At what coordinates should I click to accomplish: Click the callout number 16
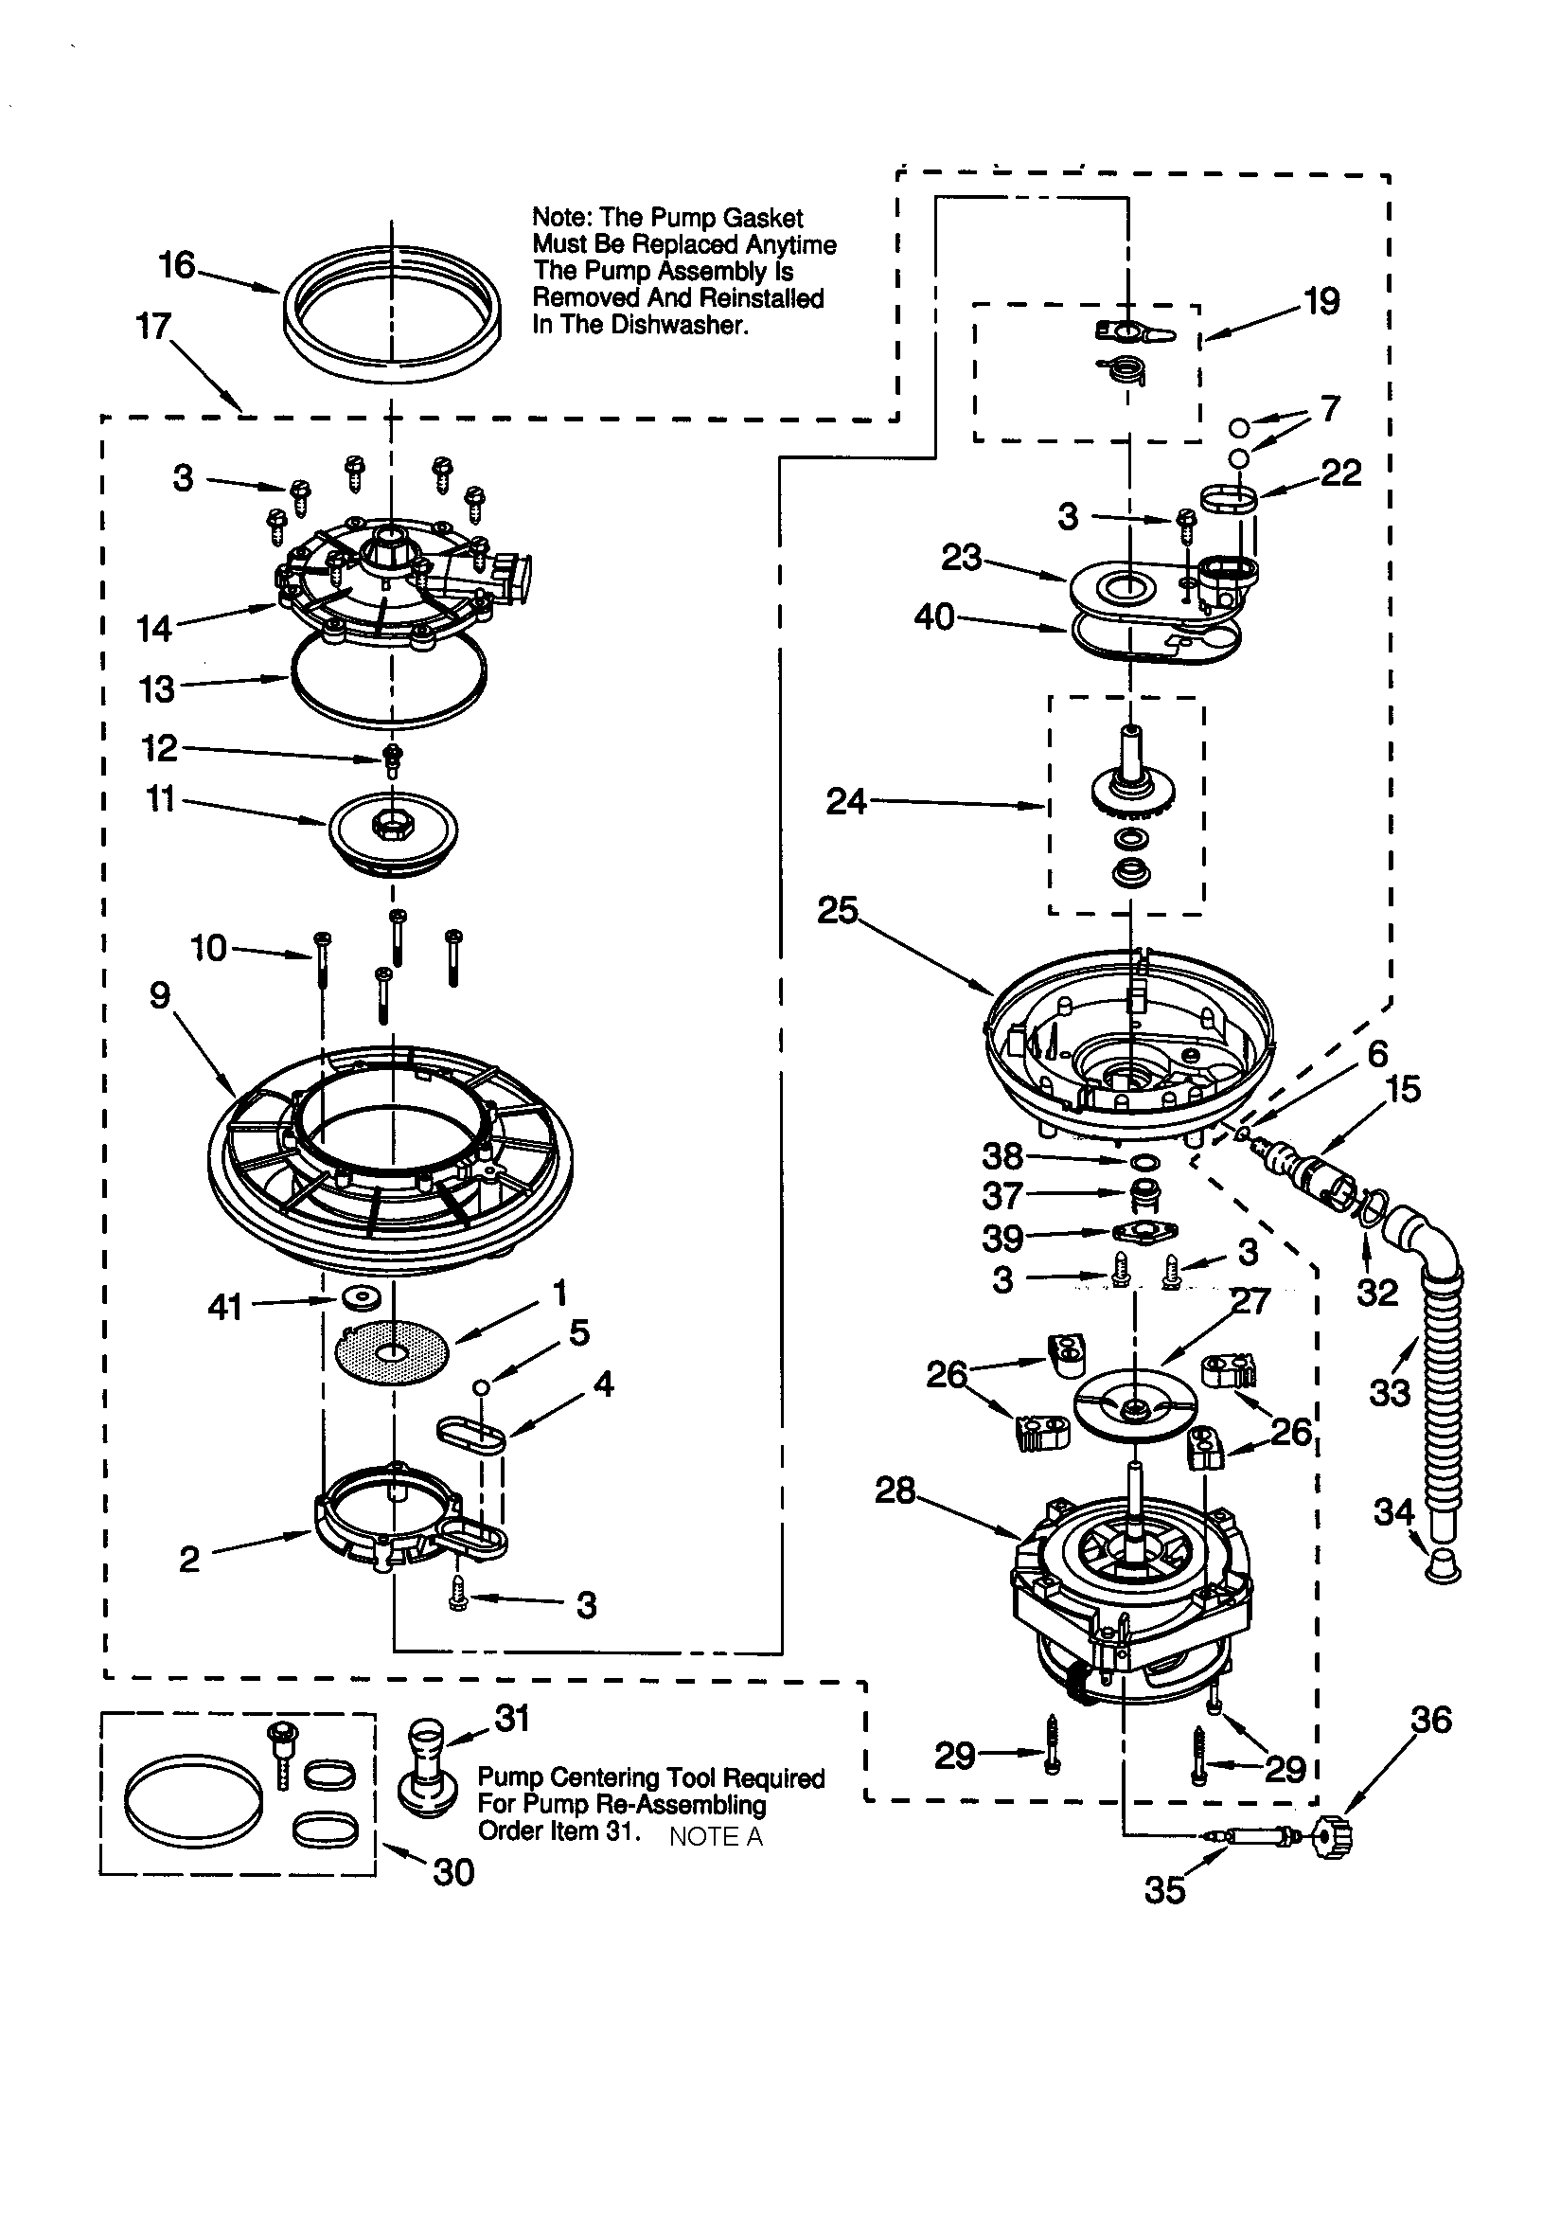point(176,264)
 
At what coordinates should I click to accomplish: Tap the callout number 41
point(224,1308)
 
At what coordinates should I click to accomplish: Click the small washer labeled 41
point(362,1298)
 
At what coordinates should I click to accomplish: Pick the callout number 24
point(845,801)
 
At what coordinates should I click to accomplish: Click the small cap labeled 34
point(1443,1568)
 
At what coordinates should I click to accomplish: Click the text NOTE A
point(716,1837)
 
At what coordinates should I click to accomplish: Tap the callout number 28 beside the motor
point(895,1491)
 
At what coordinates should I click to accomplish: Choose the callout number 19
point(1321,302)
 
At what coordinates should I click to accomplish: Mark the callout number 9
point(160,994)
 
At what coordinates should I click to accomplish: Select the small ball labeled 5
point(481,1386)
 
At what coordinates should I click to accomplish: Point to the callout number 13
point(156,689)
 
